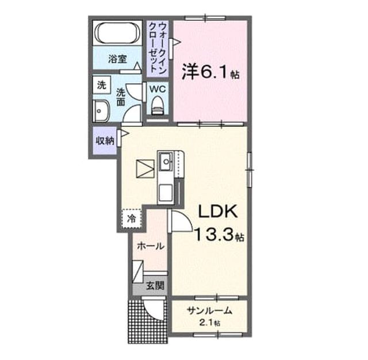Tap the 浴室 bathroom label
click(117, 59)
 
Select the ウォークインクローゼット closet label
click(158, 48)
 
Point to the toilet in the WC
click(158, 106)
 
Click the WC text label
click(158, 89)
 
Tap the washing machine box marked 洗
click(101, 85)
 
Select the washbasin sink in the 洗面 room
click(101, 110)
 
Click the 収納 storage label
click(105, 141)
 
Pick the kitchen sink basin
click(166, 161)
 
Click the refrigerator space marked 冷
click(132, 219)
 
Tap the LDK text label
click(217, 212)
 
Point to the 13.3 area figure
click(214, 235)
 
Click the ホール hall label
click(150, 246)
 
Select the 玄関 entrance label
click(155, 286)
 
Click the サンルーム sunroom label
click(209, 311)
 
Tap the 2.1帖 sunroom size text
click(209, 323)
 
